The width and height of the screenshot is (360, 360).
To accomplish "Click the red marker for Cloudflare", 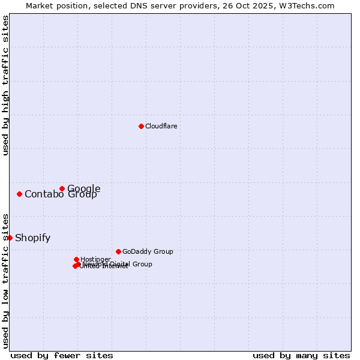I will [141, 126].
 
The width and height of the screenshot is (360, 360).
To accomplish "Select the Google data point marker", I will [62, 188].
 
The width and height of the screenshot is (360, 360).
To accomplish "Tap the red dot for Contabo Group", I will [20, 194].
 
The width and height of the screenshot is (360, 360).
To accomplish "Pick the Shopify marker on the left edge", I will [10, 238].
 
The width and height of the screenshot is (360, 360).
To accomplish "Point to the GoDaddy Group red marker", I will [118, 251].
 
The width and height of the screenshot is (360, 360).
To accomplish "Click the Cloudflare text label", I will [161, 126].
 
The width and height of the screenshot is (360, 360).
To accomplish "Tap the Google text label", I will [83, 188].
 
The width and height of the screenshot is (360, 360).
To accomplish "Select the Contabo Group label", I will [61, 194].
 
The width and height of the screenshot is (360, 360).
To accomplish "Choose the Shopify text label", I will [32, 238].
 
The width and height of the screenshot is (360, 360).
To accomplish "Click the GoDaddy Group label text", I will [148, 251].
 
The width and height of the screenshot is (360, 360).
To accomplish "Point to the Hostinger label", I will [95, 259].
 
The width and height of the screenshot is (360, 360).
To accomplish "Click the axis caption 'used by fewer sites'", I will [62, 355].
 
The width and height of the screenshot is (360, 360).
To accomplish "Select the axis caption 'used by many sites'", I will [301, 355].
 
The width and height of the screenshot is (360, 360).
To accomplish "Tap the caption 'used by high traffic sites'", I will [5, 85].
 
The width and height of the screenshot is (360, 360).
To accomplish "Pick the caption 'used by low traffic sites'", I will [5, 280].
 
